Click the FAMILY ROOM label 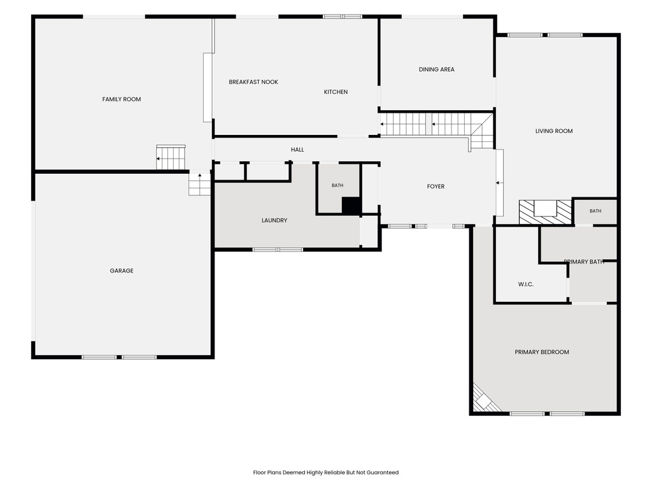click(122, 99)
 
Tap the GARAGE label click(122, 271)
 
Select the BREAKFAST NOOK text click(253, 82)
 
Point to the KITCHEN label click(336, 92)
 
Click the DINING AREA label click(436, 69)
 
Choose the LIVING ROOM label click(554, 131)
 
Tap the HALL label click(297, 150)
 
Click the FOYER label click(436, 187)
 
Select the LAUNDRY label click(274, 220)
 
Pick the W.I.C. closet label click(525, 285)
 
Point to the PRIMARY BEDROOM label click(542, 352)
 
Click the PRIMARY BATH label click(584, 262)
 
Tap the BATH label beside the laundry click(337, 185)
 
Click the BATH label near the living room click(595, 211)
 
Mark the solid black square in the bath click(351, 206)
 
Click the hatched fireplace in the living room click(545, 212)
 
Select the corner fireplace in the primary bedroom click(485, 399)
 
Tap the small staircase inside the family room click(171, 158)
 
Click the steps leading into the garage click(199, 183)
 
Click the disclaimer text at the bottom click(325, 472)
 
